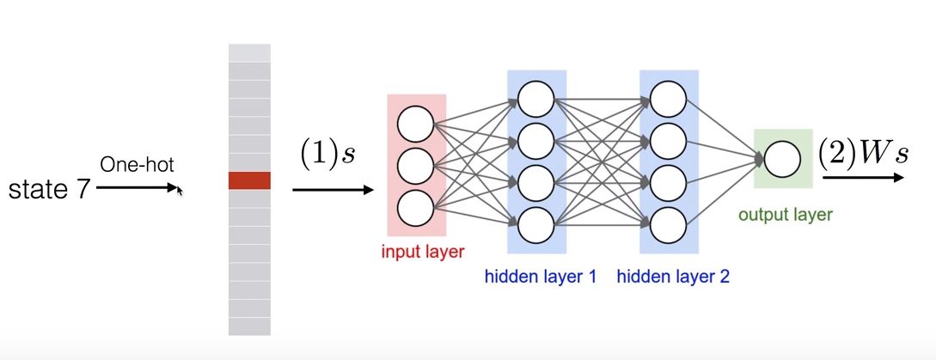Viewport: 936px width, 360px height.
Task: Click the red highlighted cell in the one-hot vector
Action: pyautogui.click(x=249, y=180)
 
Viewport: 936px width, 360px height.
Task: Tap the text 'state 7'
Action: pyautogui.click(x=48, y=188)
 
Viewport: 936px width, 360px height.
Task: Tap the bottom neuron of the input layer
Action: pyautogui.click(x=417, y=207)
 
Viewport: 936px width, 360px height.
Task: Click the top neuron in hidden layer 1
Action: pyautogui.click(x=537, y=95)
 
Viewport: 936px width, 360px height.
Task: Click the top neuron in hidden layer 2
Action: pyautogui.click(x=669, y=95)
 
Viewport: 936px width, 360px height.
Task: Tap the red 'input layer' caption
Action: pyautogui.click(x=422, y=252)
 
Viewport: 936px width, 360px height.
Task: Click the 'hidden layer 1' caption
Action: pyautogui.click(x=541, y=277)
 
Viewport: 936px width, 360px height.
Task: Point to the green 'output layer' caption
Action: pyautogui.click(x=786, y=214)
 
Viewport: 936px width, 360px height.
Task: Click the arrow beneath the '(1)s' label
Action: pyautogui.click(x=332, y=190)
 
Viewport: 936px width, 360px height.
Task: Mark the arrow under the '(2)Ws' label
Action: pyautogui.click(x=862, y=178)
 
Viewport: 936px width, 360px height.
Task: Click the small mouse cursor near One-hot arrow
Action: pyautogui.click(x=180, y=190)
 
